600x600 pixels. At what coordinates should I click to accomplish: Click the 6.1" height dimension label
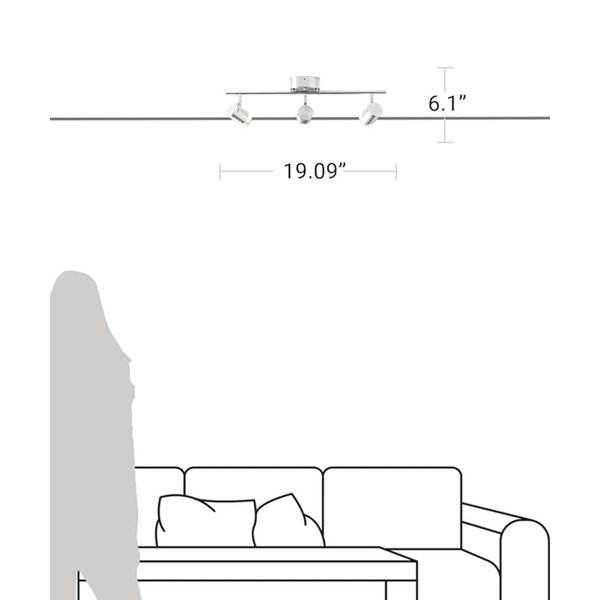click(447, 103)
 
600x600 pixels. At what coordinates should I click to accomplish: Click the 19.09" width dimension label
click(315, 171)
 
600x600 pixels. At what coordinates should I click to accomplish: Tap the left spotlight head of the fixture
click(240, 114)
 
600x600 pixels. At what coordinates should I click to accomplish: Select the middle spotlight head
click(305, 113)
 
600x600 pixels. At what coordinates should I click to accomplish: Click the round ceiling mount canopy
click(305, 84)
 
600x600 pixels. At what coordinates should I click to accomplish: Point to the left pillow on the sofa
click(205, 521)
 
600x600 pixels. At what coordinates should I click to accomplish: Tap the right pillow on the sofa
click(288, 521)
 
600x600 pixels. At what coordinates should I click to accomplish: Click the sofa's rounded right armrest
click(525, 559)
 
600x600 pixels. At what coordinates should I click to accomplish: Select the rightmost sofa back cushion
click(392, 508)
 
